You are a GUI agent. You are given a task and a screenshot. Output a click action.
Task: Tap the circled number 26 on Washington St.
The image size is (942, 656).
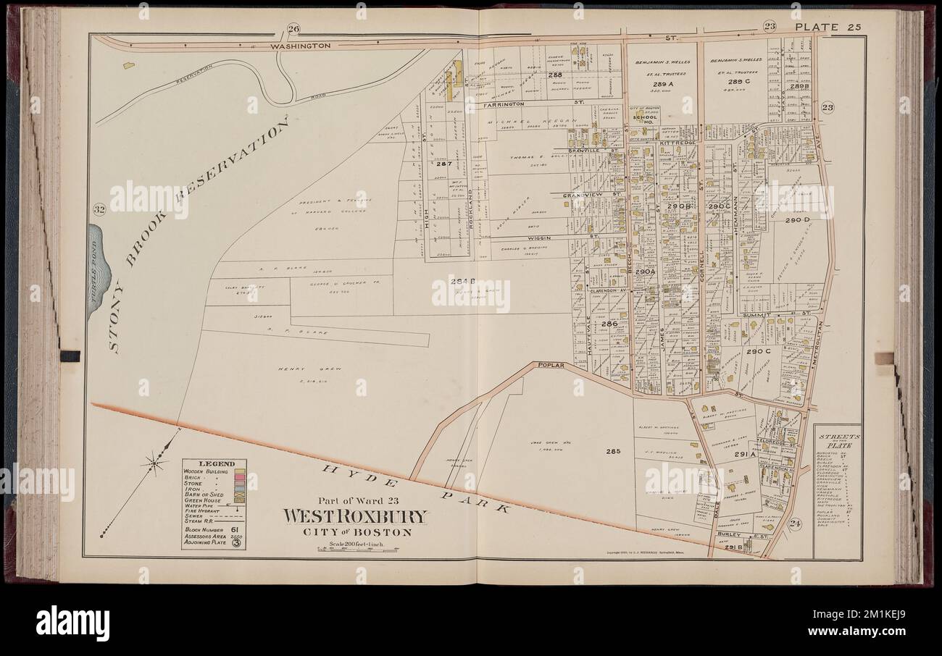294,29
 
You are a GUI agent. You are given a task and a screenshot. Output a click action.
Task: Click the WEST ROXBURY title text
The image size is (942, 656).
354,517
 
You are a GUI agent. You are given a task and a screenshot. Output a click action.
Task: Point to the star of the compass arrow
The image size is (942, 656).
154,459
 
